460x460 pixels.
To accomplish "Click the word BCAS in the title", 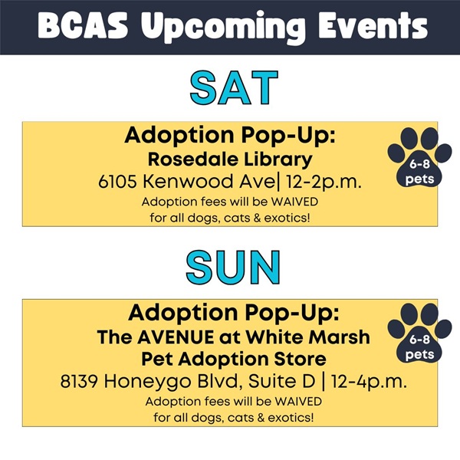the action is click(83, 26).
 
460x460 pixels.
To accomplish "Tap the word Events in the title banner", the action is click(373, 26).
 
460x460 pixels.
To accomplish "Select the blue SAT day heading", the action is click(234, 87).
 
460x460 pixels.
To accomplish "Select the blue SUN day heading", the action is click(233, 267).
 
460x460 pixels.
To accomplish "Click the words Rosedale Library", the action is click(230, 159).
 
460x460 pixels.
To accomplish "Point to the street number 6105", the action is click(117, 181).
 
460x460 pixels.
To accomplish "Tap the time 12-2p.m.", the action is click(324, 182).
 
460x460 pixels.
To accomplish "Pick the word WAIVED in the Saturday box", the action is click(294, 202).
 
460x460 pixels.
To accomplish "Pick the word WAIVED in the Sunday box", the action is click(298, 401).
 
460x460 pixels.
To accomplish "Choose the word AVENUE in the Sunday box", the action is click(176, 337).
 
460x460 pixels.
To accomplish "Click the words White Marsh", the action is click(308, 337).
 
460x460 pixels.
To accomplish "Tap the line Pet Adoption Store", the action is click(234, 359).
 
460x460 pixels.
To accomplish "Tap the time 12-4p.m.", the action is click(369, 382).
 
